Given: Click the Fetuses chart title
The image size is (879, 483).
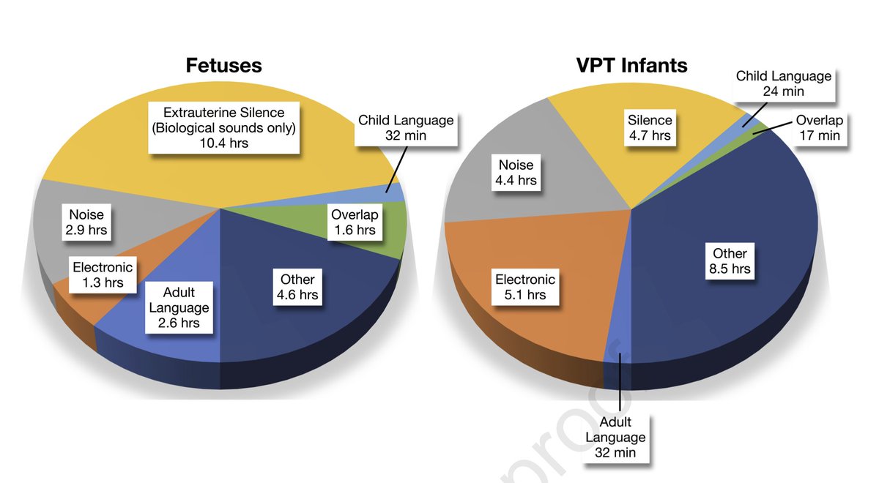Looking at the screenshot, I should (x=223, y=65).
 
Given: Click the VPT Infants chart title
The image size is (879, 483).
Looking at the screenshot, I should (x=631, y=65).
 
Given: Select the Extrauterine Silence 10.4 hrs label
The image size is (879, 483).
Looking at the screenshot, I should (x=223, y=127).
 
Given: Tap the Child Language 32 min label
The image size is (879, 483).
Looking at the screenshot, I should (x=406, y=127).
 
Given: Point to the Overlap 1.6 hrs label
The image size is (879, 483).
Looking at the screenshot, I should (x=353, y=222).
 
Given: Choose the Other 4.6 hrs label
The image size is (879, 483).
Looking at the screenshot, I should (x=297, y=287).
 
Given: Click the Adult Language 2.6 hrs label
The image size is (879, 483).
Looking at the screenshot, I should (x=179, y=307).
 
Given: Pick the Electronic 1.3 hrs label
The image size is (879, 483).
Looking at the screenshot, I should (x=103, y=275).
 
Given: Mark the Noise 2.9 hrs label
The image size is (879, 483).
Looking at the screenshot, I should (x=86, y=222).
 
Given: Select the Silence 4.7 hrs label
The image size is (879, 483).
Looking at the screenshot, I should (x=650, y=127).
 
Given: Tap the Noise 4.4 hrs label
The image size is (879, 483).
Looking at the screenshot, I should (x=516, y=173).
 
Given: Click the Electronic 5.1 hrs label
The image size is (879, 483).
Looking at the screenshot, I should (x=525, y=287).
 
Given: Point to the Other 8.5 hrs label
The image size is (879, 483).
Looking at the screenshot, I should (x=730, y=261).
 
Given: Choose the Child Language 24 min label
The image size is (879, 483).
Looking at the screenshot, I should (x=783, y=83).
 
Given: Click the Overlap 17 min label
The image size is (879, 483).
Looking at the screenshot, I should (x=819, y=127).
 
